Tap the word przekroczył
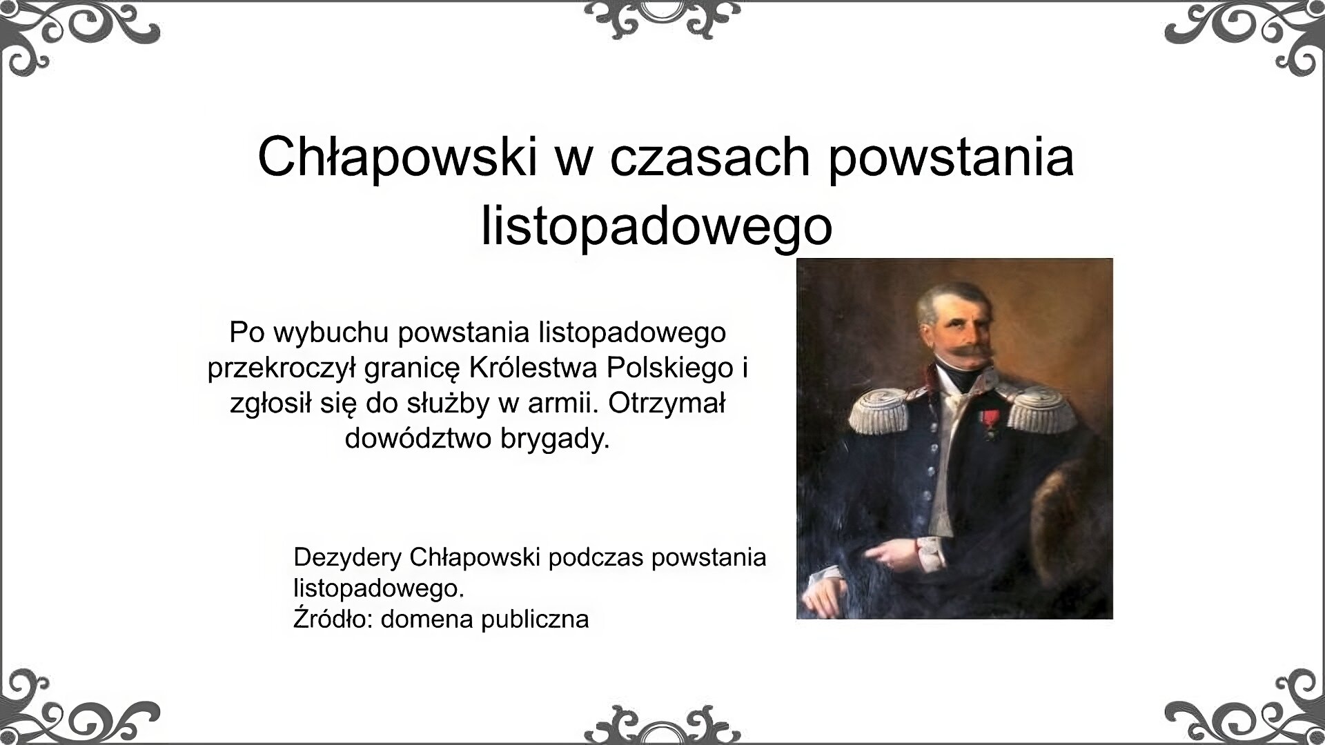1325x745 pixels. [282, 368]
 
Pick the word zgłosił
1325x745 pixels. [272, 404]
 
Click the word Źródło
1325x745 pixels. [333, 619]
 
